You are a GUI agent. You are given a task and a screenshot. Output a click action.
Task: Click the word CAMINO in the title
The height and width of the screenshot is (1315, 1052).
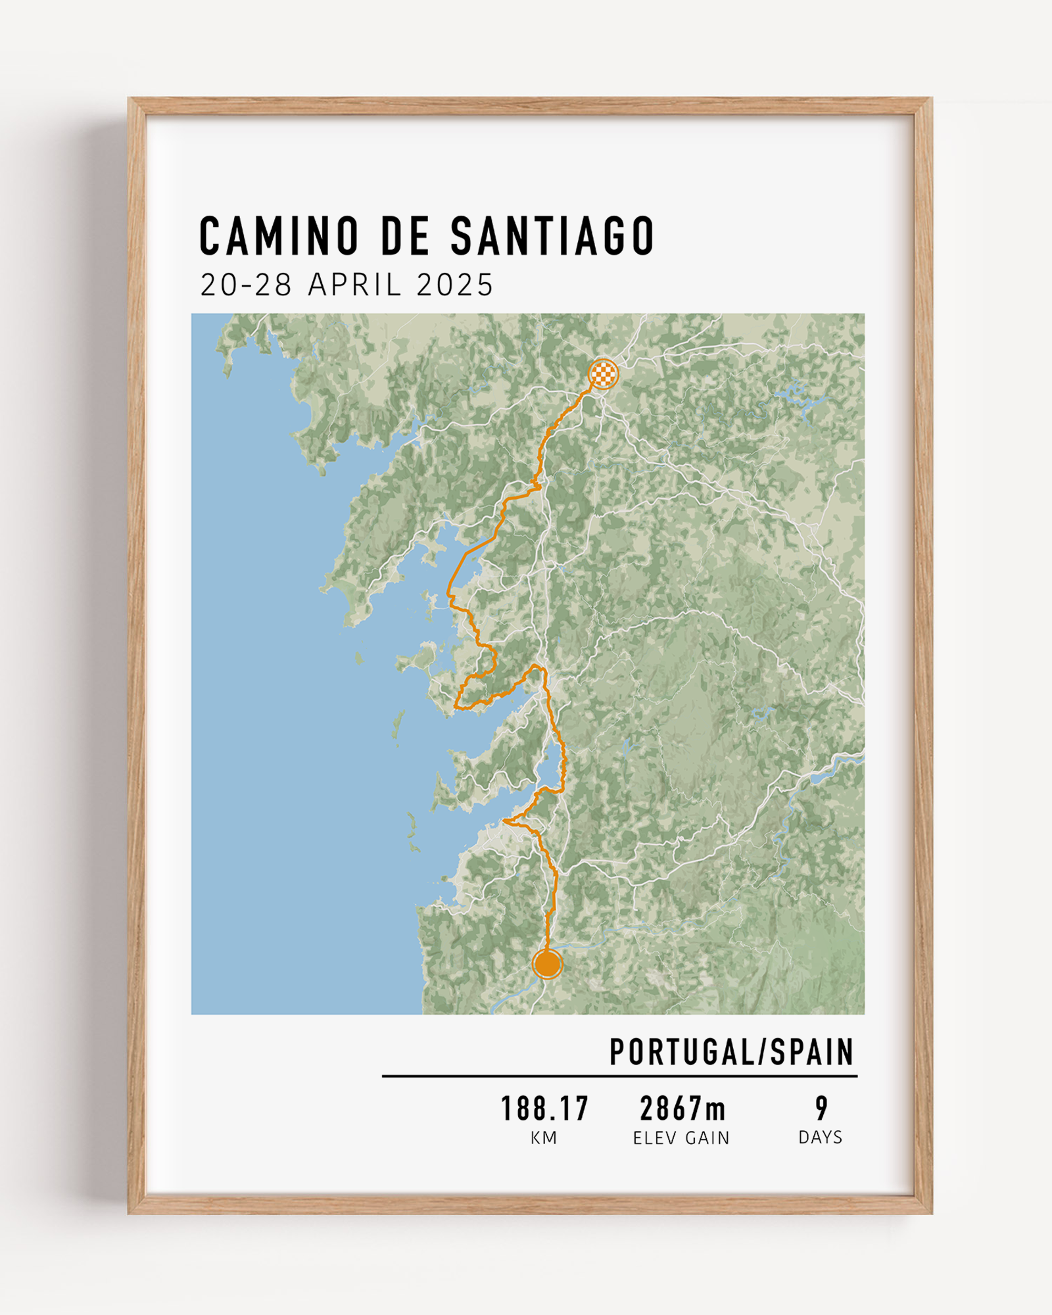click(x=279, y=236)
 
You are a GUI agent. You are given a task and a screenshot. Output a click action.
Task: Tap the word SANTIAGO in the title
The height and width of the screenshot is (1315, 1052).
click(x=552, y=236)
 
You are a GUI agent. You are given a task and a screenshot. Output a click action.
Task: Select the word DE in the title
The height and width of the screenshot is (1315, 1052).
click(x=405, y=236)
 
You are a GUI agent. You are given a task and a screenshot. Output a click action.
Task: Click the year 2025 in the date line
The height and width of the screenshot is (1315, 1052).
click(x=454, y=285)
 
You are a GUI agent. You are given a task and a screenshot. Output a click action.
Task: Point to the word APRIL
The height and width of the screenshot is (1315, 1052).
click(x=355, y=285)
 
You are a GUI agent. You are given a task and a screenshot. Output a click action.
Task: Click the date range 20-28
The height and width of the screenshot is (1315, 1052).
click(x=246, y=285)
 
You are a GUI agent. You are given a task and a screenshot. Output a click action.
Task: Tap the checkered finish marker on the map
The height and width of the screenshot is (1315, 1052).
click(x=603, y=374)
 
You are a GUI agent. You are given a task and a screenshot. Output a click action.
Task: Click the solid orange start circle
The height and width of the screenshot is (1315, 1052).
click(x=547, y=965)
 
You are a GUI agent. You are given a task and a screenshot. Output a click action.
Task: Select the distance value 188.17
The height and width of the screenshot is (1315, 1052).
click(x=544, y=1109)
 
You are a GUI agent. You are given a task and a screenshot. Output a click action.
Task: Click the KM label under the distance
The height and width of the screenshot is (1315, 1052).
click(x=544, y=1138)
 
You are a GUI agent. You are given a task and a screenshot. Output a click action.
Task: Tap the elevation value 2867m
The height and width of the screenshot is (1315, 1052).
click(x=682, y=1109)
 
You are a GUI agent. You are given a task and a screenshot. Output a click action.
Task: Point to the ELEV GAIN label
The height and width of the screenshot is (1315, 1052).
click(x=681, y=1138)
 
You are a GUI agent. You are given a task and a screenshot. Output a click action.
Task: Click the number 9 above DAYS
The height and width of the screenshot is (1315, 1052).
click(x=821, y=1109)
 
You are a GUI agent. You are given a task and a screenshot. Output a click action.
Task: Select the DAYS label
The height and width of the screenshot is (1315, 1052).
click(x=820, y=1137)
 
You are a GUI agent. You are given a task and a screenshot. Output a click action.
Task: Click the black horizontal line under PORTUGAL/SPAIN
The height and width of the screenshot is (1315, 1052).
click(x=619, y=1076)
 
